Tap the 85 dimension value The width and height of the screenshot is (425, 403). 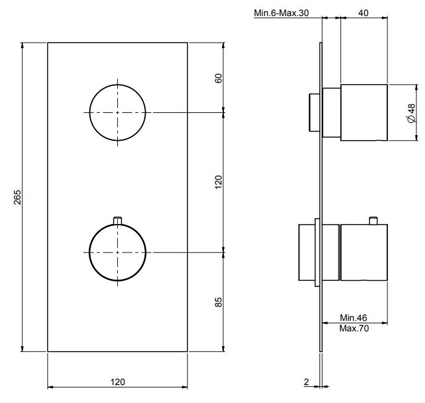tap(218, 302)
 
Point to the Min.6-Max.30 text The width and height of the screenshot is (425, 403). tap(281, 13)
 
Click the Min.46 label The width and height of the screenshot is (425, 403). tap(354, 318)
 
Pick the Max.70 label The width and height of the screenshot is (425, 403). tap(354, 329)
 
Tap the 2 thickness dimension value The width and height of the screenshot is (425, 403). tap(307, 383)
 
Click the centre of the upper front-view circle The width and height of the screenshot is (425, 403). tap(118, 112)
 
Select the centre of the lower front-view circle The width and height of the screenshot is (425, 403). tap(118, 252)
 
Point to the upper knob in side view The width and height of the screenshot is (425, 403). tap(364, 113)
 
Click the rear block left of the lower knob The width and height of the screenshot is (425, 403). tap(308, 252)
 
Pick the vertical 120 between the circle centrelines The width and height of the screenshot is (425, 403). tap(218, 182)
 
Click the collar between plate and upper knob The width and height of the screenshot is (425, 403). tap(331, 113)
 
